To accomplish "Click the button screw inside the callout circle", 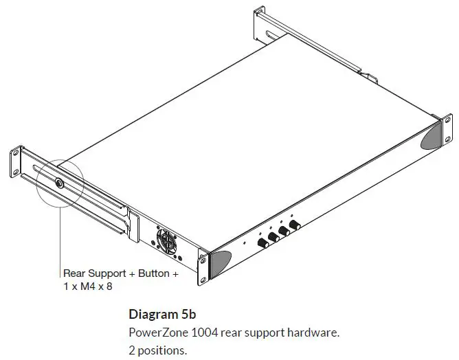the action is pos(58,184).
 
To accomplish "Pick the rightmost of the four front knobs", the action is pos(295,225).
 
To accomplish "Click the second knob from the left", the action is pos(273,236).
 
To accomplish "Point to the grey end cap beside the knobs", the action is pos(221,262).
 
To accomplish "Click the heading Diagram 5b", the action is pos(162,315).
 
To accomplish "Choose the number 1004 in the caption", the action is pos(203,333).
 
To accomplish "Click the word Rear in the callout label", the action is pos(74,273).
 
